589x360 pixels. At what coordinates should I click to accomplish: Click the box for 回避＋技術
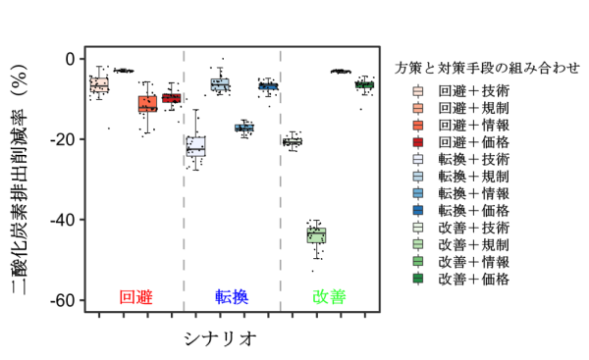[x=99, y=85]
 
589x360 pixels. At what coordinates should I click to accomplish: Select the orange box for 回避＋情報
[x=147, y=103]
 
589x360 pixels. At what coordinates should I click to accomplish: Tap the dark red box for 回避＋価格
[x=172, y=97]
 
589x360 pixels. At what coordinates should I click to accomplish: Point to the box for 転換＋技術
[x=195, y=145]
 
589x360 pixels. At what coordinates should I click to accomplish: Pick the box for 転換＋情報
[x=244, y=128]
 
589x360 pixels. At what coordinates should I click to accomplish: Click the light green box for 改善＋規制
[x=316, y=235]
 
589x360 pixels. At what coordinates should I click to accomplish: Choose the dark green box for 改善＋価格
[x=364, y=85]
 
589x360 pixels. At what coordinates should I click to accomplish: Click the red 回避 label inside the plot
[x=134, y=296]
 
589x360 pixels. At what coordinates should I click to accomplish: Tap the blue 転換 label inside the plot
[x=232, y=296]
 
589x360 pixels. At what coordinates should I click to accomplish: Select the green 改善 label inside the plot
[x=329, y=296]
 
